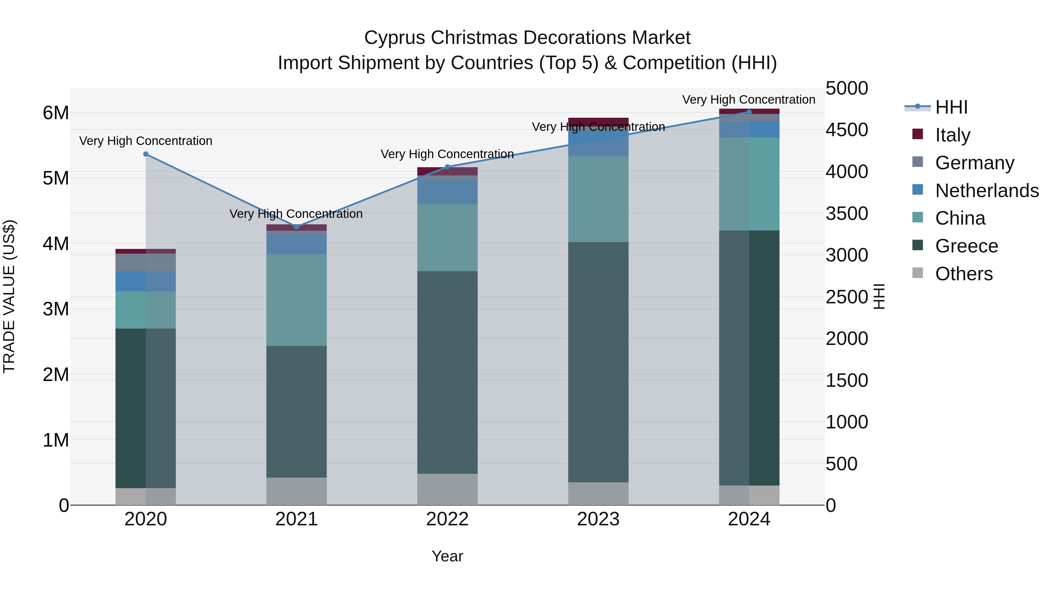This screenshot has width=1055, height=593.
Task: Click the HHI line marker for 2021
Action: click(x=297, y=227)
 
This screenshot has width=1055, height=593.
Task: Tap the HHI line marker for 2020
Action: click(x=146, y=154)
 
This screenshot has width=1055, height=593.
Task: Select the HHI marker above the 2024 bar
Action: click(x=749, y=112)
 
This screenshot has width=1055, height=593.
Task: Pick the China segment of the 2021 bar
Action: click(x=297, y=300)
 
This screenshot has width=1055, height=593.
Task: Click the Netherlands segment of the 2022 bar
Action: click(x=447, y=192)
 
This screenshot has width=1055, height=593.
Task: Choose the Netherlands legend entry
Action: click(x=986, y=190)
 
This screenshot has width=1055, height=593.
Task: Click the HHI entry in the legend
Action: click(x=951, y=107)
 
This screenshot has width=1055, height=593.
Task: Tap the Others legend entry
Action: click(x=963, y=274)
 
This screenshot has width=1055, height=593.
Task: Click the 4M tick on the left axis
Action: click(x=56, y=244)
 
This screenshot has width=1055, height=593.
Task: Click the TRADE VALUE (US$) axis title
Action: click(x=9, y=296)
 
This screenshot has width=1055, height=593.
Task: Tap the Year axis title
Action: click(x=447, y=556)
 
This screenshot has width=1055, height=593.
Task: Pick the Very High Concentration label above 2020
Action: click(x=146, y=141)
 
